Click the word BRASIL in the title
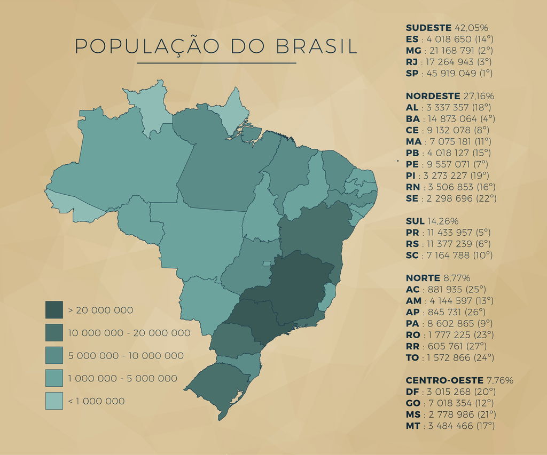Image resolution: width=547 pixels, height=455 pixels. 317,46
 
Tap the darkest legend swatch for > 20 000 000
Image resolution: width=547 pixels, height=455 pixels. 54,310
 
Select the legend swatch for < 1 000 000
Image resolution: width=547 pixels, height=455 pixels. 54,401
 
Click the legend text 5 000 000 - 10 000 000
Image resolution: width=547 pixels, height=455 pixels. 126,356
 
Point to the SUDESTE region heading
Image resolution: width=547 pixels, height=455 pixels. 428,28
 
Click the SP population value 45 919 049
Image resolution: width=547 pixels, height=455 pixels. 451,73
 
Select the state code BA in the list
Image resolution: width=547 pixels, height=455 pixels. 413,119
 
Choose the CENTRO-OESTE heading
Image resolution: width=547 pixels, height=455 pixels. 445,380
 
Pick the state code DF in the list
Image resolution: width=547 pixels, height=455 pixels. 412,392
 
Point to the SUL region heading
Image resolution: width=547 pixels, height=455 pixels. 415,221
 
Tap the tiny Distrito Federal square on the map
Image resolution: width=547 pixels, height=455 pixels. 267,264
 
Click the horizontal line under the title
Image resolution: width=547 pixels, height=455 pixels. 216,63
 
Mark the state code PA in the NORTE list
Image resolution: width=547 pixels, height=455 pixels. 412,323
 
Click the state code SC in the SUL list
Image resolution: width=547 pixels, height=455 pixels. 412,255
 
